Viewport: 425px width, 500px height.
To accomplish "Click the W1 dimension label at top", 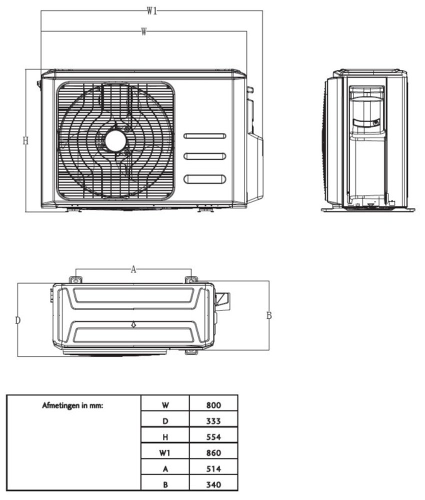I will click(152, 11).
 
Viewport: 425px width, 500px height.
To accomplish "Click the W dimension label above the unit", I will click(143, 31).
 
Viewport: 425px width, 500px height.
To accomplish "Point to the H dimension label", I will click(25, 141).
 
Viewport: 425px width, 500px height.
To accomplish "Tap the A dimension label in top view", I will click(133, 269).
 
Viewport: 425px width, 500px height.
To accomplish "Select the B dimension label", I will click(268, 315).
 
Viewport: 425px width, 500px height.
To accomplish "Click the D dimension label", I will click(17, 320).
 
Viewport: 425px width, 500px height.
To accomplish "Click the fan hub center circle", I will click(114, 141).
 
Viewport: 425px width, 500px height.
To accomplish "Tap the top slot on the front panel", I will click(205, 136).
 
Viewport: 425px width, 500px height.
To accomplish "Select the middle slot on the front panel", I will click(205, 156).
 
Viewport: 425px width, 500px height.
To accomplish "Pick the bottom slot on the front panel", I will click(205, 179).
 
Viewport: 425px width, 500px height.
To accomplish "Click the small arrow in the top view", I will click(133, 324).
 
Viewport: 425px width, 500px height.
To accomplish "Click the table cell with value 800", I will click(213, 405).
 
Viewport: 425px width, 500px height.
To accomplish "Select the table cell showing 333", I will click(213, 421).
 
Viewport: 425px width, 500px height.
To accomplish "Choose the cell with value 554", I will click(213, 437).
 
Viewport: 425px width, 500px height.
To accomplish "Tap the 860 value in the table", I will click(213, 453).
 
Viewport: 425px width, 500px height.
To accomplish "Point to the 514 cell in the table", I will click(213, 468).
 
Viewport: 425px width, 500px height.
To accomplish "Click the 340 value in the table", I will click(213, 484).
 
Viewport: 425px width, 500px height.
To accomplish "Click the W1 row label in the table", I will click(165, 453).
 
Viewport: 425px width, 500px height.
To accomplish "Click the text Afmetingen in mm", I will click(73, 405).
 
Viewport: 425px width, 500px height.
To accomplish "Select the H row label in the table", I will click(165, 437).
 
